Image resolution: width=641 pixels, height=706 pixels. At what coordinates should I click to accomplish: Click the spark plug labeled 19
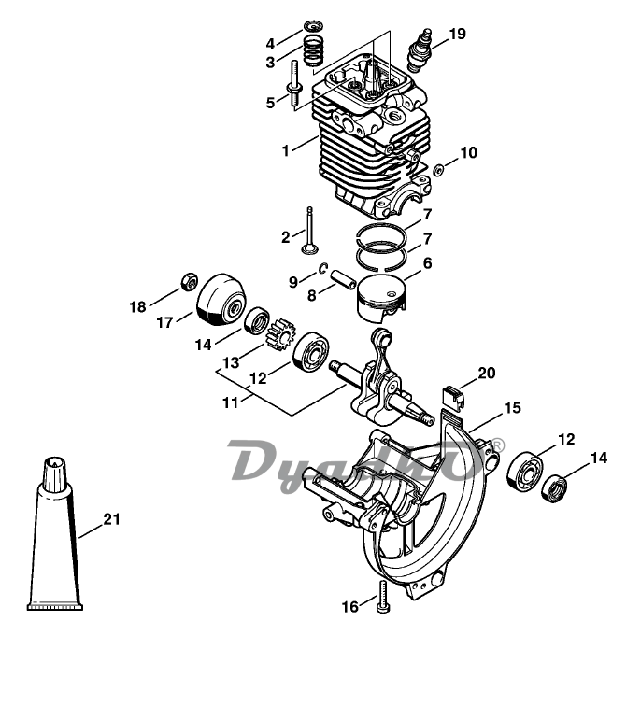420,50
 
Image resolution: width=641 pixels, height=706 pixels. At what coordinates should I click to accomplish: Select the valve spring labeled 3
314,50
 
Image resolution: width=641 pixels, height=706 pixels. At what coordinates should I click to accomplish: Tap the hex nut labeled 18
189,282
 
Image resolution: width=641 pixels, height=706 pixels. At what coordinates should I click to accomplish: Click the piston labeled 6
381,298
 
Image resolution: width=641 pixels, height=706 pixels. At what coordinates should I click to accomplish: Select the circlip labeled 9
322,268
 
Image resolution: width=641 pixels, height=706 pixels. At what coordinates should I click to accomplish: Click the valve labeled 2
309,232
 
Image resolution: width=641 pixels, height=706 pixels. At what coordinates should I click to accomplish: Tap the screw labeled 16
383,597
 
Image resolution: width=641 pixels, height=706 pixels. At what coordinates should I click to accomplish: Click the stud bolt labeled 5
295,85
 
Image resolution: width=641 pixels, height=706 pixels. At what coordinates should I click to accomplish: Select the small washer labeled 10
438,170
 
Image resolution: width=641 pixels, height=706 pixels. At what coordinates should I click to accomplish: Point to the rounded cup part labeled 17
221,298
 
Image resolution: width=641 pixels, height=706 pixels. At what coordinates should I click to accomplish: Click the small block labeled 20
452,397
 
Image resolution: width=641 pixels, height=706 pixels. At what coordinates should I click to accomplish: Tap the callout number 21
112,519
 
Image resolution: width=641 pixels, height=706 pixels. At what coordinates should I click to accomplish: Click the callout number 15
512,408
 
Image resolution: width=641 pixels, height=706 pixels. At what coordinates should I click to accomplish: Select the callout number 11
230,402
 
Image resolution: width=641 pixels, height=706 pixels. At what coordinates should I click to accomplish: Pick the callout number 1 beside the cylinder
285,151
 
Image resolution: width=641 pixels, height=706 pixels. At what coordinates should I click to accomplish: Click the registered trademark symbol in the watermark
498,445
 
